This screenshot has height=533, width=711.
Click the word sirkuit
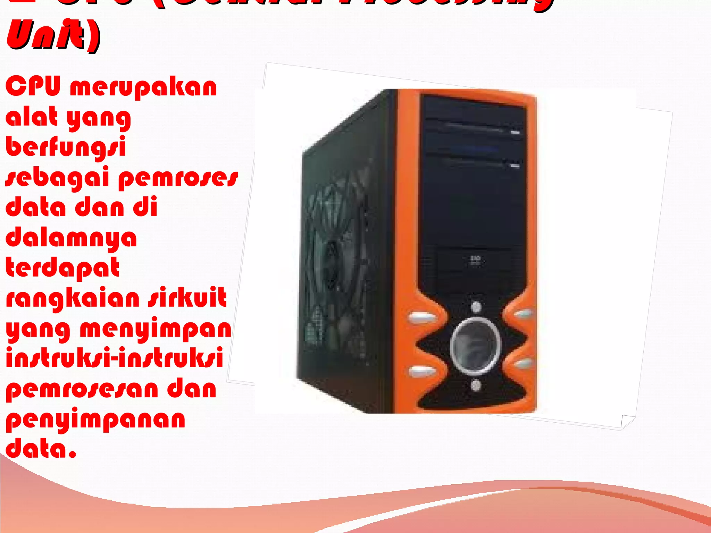pos(187,298)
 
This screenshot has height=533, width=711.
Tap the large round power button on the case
pos(475,345)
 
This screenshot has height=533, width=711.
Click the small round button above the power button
pos(476,307)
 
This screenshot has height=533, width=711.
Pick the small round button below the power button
pos(476,385)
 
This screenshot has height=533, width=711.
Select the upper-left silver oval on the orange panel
pos(421,318)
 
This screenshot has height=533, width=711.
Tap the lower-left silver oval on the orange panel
pos(421,372)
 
